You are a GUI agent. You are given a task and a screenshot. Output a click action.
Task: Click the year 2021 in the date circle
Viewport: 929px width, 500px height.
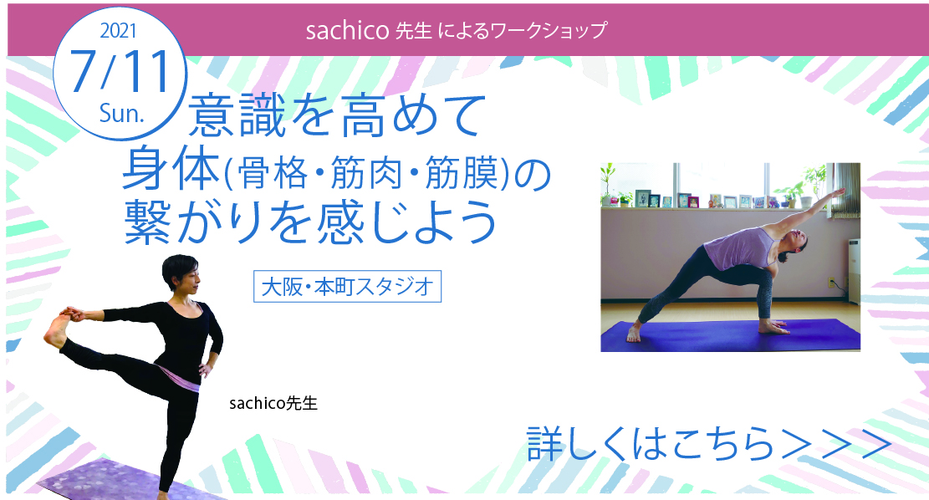click(119, 30)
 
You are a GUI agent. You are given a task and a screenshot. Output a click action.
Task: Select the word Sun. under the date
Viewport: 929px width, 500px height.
click(121, 113)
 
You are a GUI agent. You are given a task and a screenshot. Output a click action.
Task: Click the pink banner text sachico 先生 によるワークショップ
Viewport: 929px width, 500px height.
click(457, 30)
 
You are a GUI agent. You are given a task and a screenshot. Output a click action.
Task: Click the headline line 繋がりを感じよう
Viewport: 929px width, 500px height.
click(310, 222)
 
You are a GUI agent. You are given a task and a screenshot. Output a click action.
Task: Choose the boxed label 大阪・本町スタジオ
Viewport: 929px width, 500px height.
click(347, 287)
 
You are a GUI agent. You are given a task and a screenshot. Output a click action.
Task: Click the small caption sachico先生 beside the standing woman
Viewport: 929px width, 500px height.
click(273, 404)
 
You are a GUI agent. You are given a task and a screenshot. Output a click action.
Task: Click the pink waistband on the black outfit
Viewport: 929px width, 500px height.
click(179, 377)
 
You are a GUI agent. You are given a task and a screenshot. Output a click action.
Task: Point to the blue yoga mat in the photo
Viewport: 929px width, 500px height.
click(731, 335)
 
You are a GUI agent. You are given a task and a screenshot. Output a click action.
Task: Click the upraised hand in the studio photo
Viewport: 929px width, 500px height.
click(836, 192)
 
